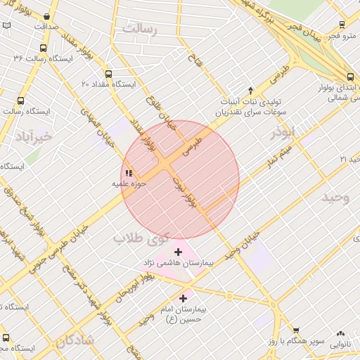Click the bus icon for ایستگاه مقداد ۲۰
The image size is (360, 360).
[x=108, y=74]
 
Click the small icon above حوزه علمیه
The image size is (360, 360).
[x=128, y=173]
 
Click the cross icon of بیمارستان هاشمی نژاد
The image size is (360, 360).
[x=177, y=252]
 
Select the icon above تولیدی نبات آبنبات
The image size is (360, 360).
[x=251, y=90]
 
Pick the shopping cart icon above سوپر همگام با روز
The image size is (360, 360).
[x=296, y=330]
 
